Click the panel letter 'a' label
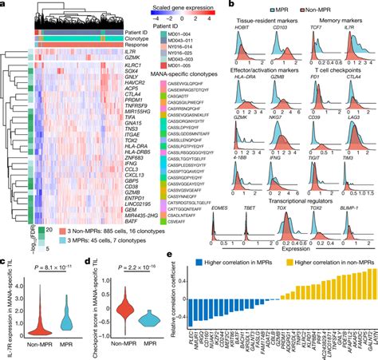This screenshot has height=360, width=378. click(4, 5)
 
